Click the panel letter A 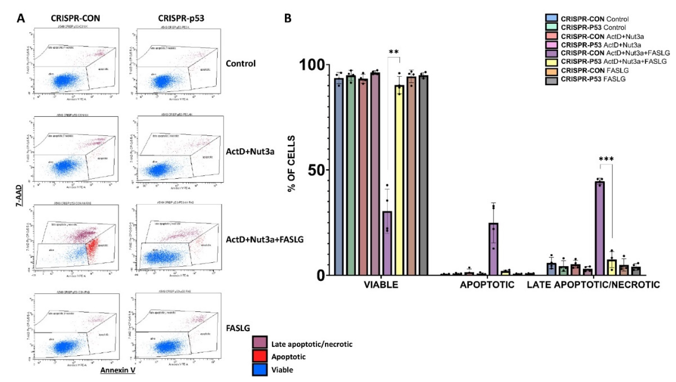(21, 19)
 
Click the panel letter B (288, 19)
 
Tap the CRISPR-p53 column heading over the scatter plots (181, 18)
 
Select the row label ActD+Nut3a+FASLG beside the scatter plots (264, 239)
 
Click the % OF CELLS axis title (291, 164)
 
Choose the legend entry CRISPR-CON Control (594, 19)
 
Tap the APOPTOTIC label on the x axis (487, 285)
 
